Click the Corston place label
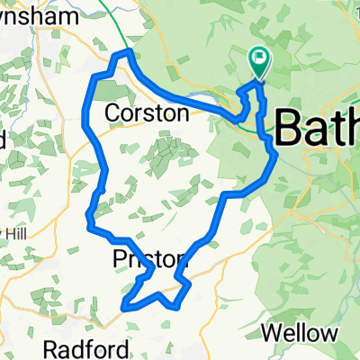point(148,114)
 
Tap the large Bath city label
point(315,128)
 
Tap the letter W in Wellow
point(271,334)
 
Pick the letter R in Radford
point(78,349)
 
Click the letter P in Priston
point(121,260)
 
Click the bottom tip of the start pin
point(258,80)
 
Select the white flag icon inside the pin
point(259,60)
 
